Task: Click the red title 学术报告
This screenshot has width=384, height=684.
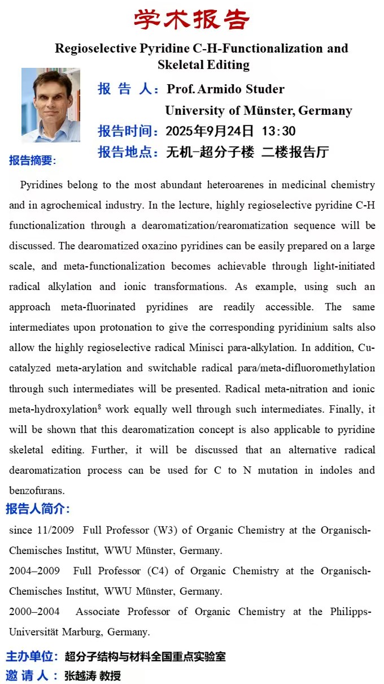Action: pyautogui.click(x=191, y=19)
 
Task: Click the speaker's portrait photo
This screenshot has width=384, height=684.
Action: pyautogui.click(x=51, y=105)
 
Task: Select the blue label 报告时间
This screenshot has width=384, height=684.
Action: pyautogui.click(x=127, y=131)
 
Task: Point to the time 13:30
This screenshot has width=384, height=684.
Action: pyautogui.click(x=278, y=131)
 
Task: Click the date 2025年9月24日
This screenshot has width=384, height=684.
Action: pyautogui.click(x=210, y=131)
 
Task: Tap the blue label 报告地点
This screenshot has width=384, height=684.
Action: pyautogui.click(x=127, y=152)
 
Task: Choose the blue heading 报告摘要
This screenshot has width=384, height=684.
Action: pyautogui.click(x=32, y=161)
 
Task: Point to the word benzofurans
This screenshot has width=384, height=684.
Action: pyautogui.click(x=37, y=490)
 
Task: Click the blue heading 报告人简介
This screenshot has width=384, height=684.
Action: pyautogui.click(x=38, y=509)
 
